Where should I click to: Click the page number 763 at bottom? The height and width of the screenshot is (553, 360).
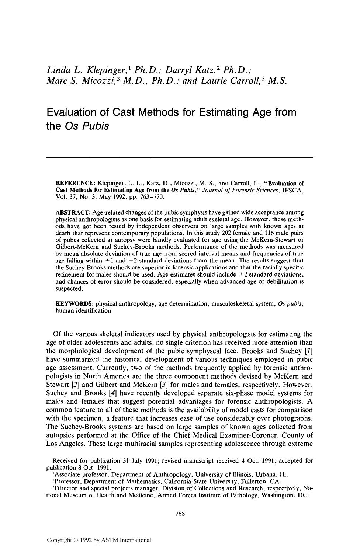[x=180, y=514]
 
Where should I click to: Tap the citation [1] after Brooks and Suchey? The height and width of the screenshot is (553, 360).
[x=309, y=351]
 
